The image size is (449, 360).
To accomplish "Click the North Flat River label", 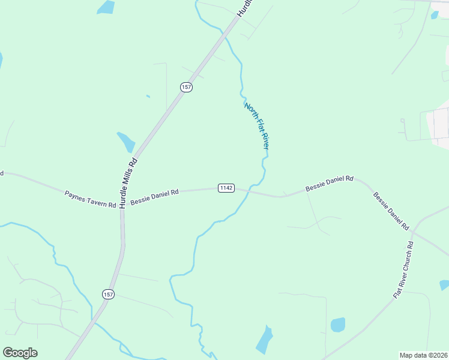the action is [x=256, y=125].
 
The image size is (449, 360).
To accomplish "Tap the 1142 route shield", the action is [x=226, y=188].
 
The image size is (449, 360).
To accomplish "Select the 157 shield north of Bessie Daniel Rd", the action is [x=186, y=87].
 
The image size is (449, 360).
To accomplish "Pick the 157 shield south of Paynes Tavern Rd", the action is [x=107, y=294].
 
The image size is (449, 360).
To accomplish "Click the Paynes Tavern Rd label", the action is [x=90, y=199].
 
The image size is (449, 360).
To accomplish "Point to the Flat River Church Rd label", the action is [x=403, y=270].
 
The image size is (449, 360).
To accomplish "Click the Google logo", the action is [x=20, y=353].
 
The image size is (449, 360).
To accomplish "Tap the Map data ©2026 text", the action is [x=423, y=355].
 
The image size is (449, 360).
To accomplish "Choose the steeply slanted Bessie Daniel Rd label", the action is [x=391, y=211].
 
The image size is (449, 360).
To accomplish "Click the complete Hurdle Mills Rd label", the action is [x=128, y=182].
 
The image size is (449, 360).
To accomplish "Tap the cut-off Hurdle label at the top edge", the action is [x=245, y=8].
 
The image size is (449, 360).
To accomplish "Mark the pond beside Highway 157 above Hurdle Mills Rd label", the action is [x=127, y=142].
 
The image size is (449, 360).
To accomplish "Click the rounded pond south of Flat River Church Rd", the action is [x=338, y=325].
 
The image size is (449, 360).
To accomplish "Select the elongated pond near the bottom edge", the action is [x=264, y=341].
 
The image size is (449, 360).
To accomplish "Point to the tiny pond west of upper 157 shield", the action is [x=148, y=96].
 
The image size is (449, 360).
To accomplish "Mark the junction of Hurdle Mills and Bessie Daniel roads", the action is [x=122, y=199].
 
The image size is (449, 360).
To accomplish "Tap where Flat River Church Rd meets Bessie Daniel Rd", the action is [x=415, y=231].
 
